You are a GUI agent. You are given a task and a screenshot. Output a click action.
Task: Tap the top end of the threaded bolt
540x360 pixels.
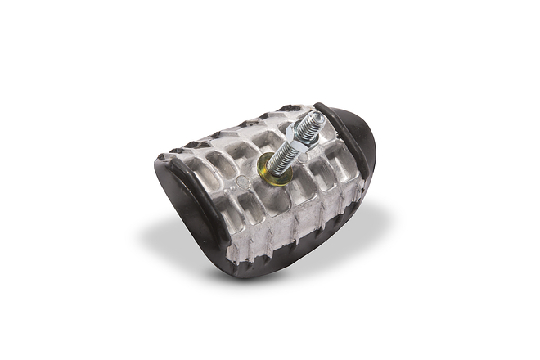point(316,119)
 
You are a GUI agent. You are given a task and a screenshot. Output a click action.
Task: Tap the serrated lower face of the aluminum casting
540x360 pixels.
point(278,237)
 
